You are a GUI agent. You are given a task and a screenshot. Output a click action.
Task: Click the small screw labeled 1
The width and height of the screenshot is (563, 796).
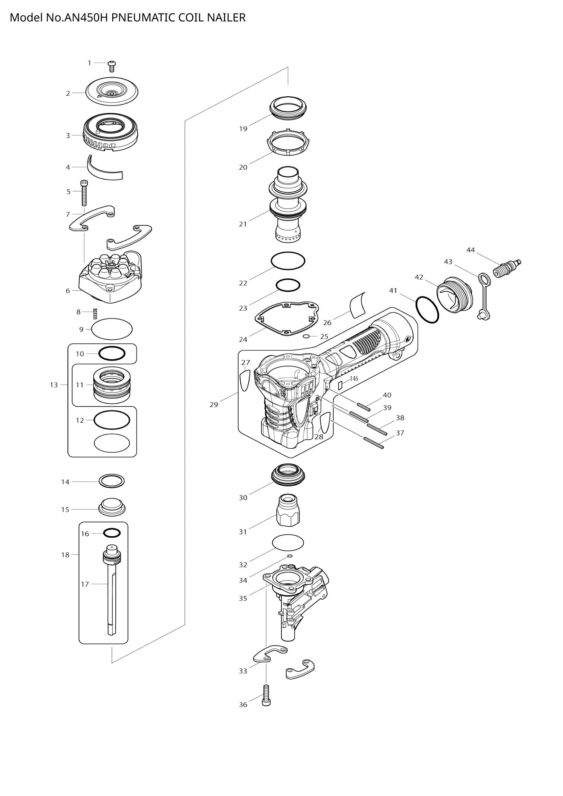112,66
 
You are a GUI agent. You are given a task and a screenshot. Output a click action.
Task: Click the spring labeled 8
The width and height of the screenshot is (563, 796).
95,313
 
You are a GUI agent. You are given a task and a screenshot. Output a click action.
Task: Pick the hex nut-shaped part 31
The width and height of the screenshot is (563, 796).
288,513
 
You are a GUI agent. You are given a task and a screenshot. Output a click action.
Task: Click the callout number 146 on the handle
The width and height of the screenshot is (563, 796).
354,378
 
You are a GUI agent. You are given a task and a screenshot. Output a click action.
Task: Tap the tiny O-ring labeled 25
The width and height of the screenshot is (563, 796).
306,336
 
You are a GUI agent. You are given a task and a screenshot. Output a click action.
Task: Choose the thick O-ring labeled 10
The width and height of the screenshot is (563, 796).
112,354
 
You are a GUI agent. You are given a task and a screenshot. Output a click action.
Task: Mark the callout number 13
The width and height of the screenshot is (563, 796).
54,385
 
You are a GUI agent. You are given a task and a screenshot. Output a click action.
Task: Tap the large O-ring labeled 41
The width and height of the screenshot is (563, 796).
427,310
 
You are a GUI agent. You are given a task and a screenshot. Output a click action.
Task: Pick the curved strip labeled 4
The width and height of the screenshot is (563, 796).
104,169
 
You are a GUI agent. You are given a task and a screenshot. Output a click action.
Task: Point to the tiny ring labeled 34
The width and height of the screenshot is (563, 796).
290,556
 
